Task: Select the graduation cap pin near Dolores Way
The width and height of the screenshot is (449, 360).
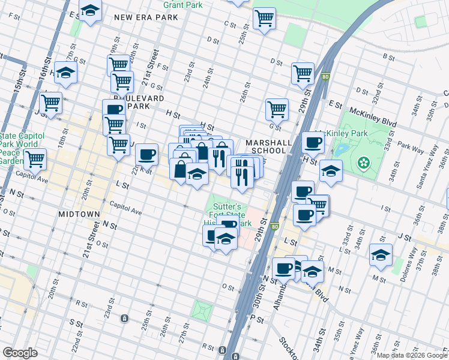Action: pyautogui.click(x=381, y=255)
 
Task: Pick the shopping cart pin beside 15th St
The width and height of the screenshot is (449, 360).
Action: pyautogui.click(x=50, y=103)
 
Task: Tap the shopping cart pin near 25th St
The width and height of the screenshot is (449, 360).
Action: pyautogui.click(x=264, y=18)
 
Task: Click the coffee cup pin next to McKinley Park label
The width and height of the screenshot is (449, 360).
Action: pyautogui.click(x=313, y=143)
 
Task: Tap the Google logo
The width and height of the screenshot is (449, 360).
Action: pyautogui.click(x=20, y=352)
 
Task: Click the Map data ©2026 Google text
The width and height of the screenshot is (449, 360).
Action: pyautogui.click(x=411, y=355)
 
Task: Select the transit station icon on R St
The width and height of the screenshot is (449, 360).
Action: pyautogui.click(x=222, y=350)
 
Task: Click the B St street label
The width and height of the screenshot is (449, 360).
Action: pyautogui.click(x=388, y=57)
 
